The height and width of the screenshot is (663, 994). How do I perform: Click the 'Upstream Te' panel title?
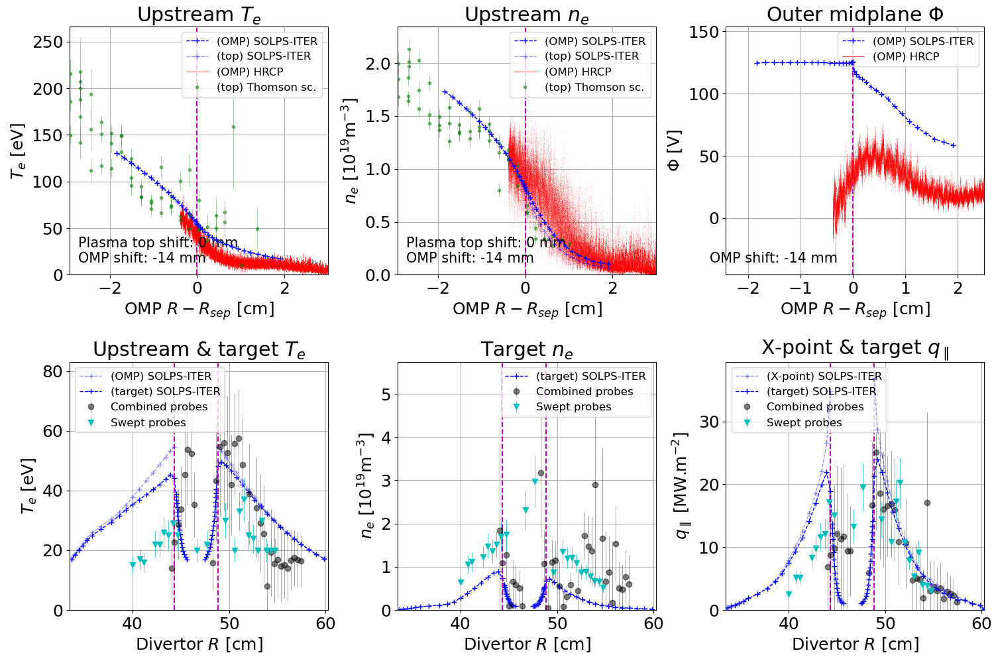199,15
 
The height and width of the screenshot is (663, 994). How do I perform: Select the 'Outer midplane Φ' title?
855,15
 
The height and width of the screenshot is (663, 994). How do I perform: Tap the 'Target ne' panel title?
527,349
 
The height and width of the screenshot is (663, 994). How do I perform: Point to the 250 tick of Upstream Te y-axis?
48,42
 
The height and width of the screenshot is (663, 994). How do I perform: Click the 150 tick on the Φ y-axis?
704,32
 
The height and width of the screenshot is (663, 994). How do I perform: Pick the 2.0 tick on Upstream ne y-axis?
378,64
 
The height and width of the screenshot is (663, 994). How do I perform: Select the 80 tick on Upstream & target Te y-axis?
52,371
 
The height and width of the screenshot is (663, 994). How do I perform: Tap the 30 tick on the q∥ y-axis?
710,422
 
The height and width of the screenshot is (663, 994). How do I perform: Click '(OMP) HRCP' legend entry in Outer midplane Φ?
906,56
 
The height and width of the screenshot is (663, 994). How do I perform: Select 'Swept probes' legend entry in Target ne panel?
573,406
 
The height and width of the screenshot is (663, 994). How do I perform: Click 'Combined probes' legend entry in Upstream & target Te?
159,406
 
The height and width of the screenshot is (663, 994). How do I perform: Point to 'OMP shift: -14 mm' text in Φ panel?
773,257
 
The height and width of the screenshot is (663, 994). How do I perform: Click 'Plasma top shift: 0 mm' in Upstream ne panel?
486,243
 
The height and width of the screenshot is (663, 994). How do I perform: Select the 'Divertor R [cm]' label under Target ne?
527,644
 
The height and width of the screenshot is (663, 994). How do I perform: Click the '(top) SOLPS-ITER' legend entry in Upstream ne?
592,56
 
